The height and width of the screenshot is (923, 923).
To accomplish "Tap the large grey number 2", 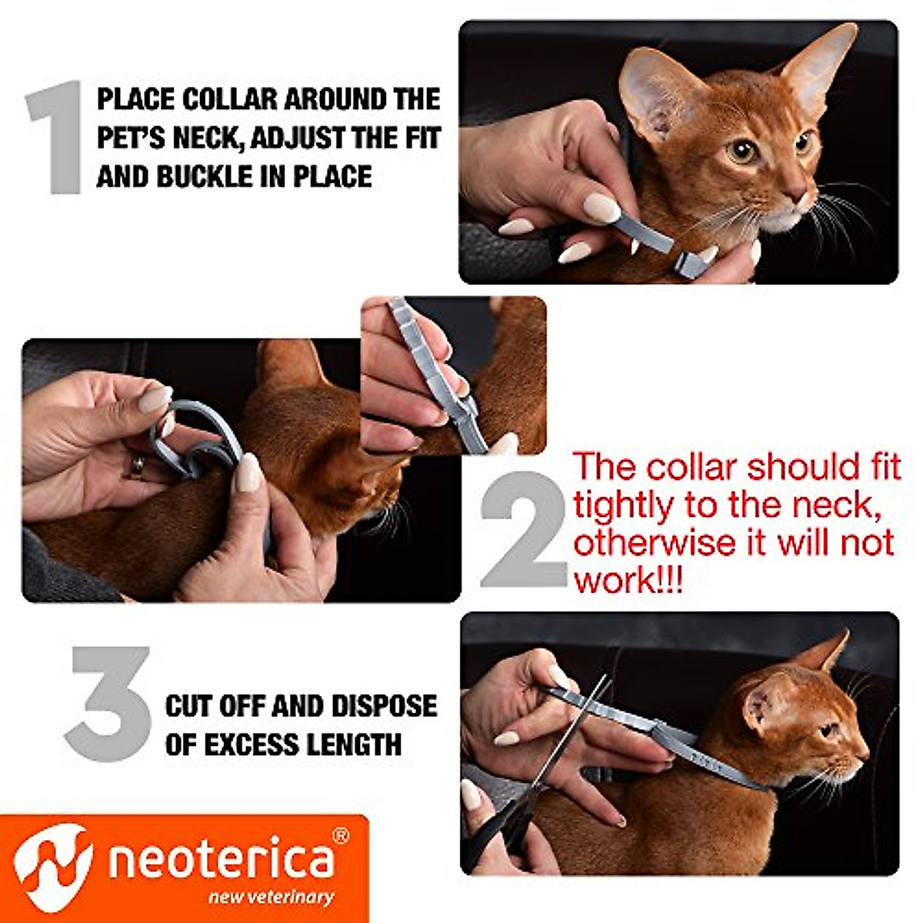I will click(x=523, y=530).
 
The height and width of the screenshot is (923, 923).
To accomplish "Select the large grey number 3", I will click(x=108, y=704).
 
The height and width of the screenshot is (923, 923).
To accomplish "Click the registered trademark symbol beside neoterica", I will click(x=341, y=835).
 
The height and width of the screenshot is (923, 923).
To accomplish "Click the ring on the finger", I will click(x=137, y=465).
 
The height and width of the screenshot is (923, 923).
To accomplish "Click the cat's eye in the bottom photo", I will click(x=829, y=728).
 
